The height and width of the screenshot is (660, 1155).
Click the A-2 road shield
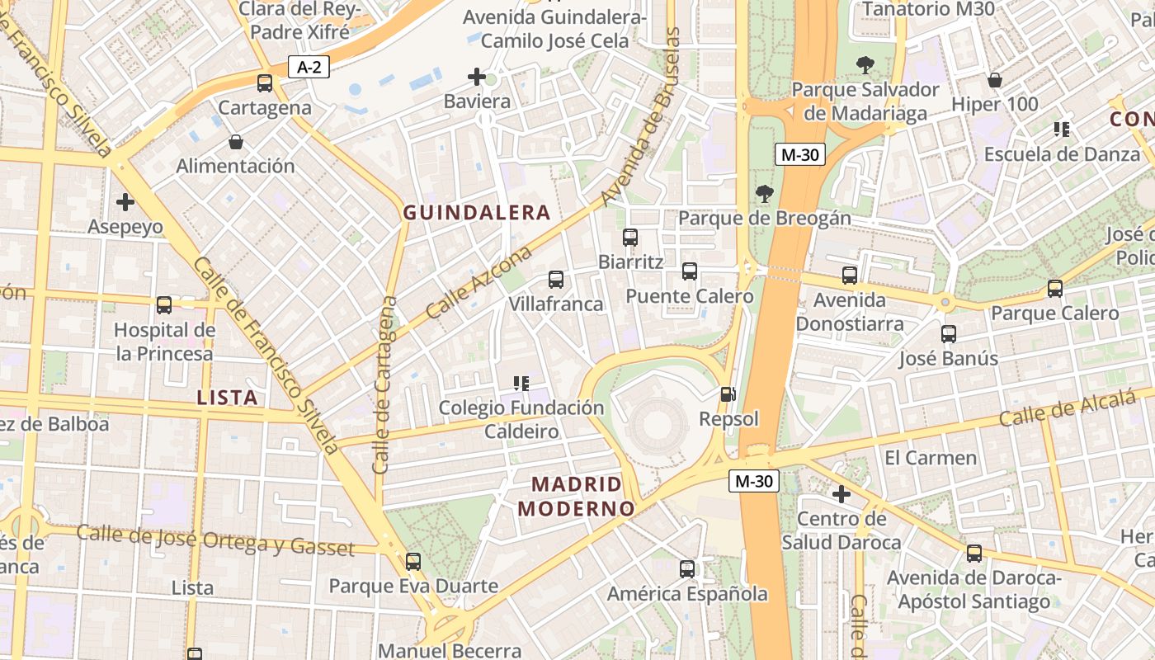(x=309, y=67)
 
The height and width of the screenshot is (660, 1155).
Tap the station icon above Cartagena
(x=265, y=83)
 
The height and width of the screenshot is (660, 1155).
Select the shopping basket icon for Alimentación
(x=236, y=142)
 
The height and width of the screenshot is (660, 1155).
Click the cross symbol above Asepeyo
(x=125, y=202)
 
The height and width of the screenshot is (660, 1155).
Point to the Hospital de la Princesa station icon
(x=164, y=305)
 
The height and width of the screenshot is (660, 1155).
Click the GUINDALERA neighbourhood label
(x=476, y=213)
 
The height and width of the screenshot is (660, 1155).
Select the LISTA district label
(x=228, y=398)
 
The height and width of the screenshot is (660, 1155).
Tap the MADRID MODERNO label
(x=577, y=496)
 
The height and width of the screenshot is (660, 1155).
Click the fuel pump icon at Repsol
(x=728, y=394)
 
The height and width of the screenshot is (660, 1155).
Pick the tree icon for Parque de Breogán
(x=765, y=195)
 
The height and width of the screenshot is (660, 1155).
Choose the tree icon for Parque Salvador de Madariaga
(x=865, y=65)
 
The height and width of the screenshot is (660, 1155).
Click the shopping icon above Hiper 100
(x=995, y=80)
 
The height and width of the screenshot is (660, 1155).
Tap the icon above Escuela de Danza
(x=1062, y=130)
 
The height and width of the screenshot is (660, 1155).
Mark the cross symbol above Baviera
(x=477, y=78)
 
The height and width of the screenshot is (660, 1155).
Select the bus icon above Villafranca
(x=556, y=280)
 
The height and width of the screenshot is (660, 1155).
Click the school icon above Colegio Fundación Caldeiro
(x=521, y=383)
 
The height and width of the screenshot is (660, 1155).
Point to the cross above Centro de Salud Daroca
(x=841, y=495)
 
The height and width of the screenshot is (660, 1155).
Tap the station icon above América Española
(x=687, y=569)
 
